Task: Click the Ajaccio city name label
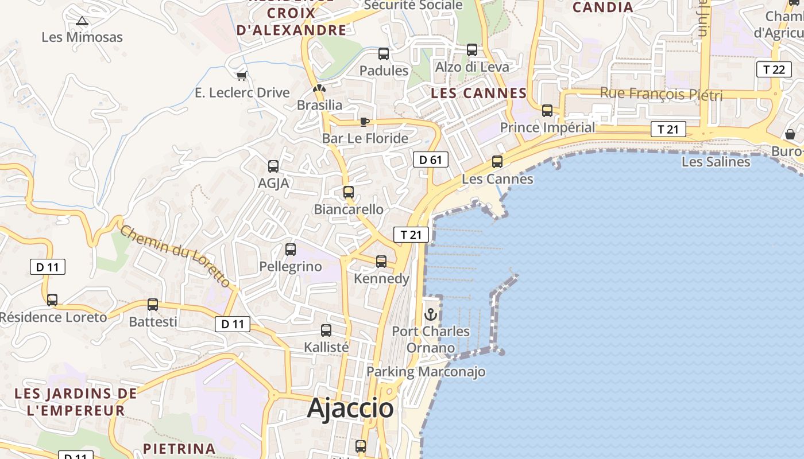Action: click(x=350, y=408)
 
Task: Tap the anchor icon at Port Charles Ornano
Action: click(x=430, y=314)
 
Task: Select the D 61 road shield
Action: click(x=430, y=160)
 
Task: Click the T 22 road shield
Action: click(x=773, y=69)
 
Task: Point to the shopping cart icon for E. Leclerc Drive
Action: click(x=242, y=76)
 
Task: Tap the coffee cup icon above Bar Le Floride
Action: click(x=364, y=122)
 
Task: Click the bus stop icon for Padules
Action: click(x=384, y=54)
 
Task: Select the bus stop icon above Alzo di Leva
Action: click(x=472, y=50)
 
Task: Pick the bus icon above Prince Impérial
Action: click(x=547, y=111)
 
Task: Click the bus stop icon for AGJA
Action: click(x=273, y=166)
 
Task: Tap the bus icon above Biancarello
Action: click(x=349, y=192)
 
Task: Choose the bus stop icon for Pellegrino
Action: click(x=291, y=250)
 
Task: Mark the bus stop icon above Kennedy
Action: click(x=381, y=262)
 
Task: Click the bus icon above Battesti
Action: click(x=153, y=305)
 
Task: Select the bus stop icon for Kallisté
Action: click(x=326, y=330)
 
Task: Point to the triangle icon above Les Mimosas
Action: click(x=82, y=21)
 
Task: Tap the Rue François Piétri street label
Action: click(x=661, y=94)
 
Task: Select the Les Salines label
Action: click(x=716, y=162)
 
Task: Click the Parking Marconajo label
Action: click(x=426, y=372)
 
